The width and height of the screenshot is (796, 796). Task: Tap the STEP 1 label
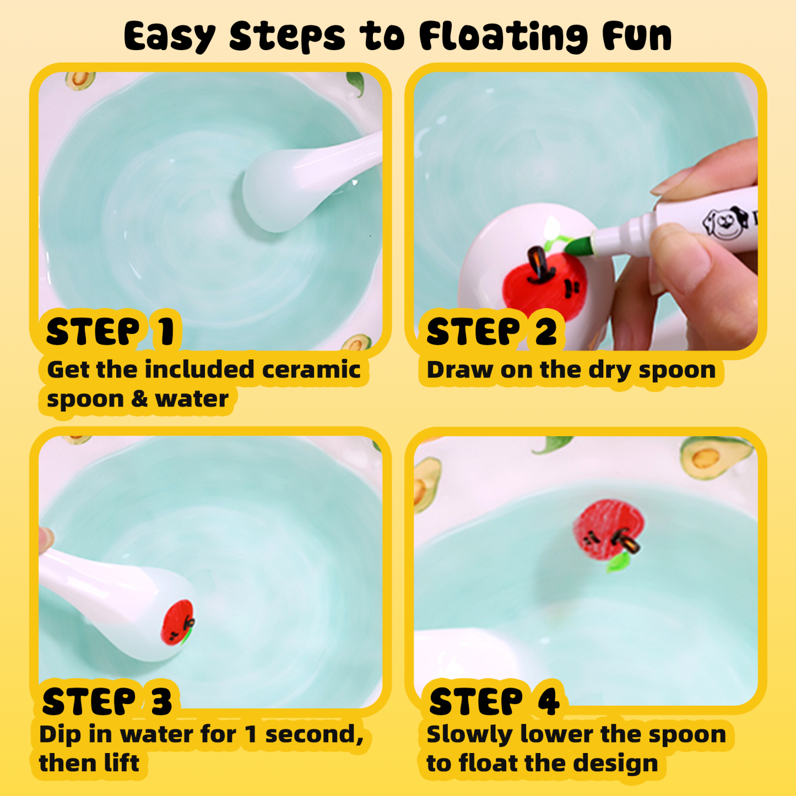point(110,332)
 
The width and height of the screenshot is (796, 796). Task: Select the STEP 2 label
point(491,332)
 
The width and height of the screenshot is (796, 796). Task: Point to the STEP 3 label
point(107,702)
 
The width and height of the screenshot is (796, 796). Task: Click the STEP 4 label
point(494,702)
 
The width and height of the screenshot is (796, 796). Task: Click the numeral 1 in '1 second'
point(251,734)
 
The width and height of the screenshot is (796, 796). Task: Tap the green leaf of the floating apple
point(619,562)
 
